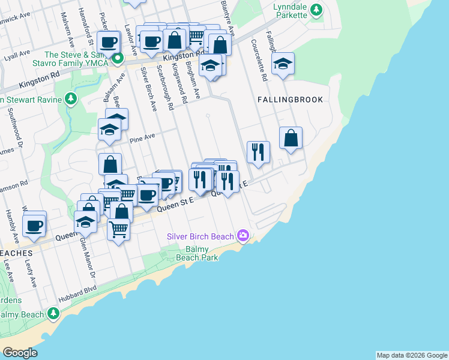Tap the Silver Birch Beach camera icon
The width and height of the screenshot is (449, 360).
point(243,236)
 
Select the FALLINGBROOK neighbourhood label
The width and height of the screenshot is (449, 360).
point(291,100)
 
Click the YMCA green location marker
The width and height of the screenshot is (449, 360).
point(118,59)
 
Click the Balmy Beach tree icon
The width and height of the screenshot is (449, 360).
point(53,313)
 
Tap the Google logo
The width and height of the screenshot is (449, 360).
point(20,353)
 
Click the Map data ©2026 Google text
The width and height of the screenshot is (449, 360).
point(412,355)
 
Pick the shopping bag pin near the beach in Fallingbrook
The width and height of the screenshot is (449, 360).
point(291,138)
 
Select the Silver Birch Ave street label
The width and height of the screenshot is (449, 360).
point(148,89)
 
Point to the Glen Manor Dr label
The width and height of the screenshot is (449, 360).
point(88,257)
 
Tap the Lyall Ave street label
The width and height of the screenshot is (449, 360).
point(16,55)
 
